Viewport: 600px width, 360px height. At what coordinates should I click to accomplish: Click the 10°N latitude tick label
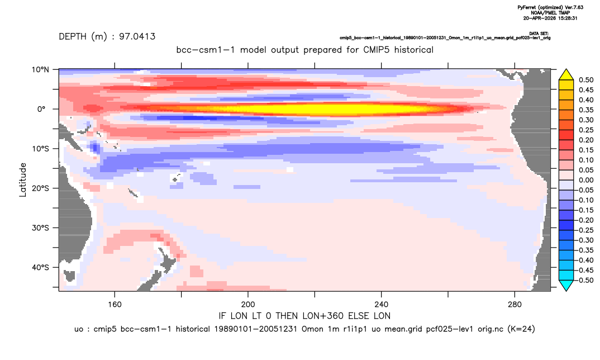[x=40, y=70]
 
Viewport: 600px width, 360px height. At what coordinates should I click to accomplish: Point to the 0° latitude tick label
[x=41, y=109]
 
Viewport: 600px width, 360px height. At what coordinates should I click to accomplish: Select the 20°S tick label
[x=40, y=188]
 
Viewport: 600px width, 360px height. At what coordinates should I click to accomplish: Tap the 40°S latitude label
[x=40, y=267]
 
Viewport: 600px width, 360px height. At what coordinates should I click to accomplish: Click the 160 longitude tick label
[x=115, y=305]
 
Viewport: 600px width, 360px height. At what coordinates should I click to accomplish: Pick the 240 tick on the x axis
[x=382, y=305]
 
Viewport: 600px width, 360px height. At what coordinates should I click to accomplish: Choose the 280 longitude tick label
[x=515, y=305]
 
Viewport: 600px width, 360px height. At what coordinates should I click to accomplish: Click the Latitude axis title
[x=23, y=180]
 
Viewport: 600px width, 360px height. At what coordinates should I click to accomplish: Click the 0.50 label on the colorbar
[x=586, y=80]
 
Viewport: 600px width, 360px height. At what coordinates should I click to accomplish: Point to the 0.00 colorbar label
[x=586, y=181]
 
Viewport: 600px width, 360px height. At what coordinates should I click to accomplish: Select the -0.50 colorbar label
[x=585, y=280]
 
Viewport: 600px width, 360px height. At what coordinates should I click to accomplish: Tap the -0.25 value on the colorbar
[x=585, y=230]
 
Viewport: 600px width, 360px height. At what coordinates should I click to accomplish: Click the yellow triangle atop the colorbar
[x=566, y=75]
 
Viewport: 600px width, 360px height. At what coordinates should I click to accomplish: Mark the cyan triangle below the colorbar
[x=566, y=285]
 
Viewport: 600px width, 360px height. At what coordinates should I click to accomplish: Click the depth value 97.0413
[x=137, y=37]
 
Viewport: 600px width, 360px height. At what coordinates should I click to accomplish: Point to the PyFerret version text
[x=550, y=7]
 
